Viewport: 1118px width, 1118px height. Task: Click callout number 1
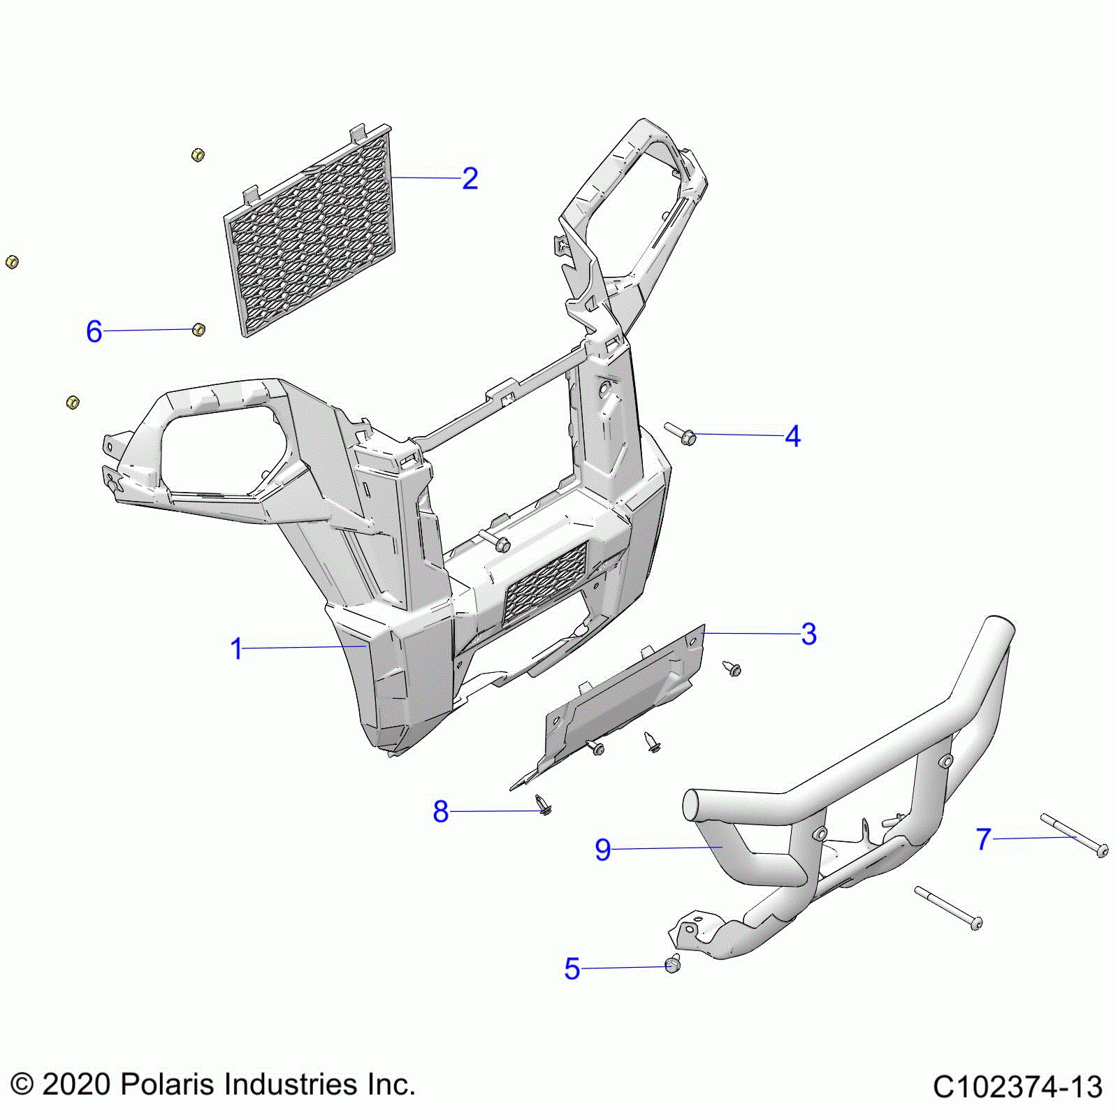236,649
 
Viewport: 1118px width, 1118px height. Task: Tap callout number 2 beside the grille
470,179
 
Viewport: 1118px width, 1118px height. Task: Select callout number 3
808,634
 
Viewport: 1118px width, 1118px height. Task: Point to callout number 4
792,436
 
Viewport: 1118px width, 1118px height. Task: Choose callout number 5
572,969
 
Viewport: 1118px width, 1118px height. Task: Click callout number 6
94,331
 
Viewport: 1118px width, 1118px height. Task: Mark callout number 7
984,839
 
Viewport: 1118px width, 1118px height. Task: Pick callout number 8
440,812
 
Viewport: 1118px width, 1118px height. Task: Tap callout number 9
602,850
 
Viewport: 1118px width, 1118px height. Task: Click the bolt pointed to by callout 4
681,434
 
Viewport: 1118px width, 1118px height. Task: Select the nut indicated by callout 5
673,964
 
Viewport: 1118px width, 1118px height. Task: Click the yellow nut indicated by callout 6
198,329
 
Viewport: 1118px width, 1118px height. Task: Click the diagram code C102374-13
1017,1087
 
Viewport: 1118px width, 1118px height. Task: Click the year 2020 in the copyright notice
76,1084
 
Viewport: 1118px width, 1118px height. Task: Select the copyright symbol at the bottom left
22,1085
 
